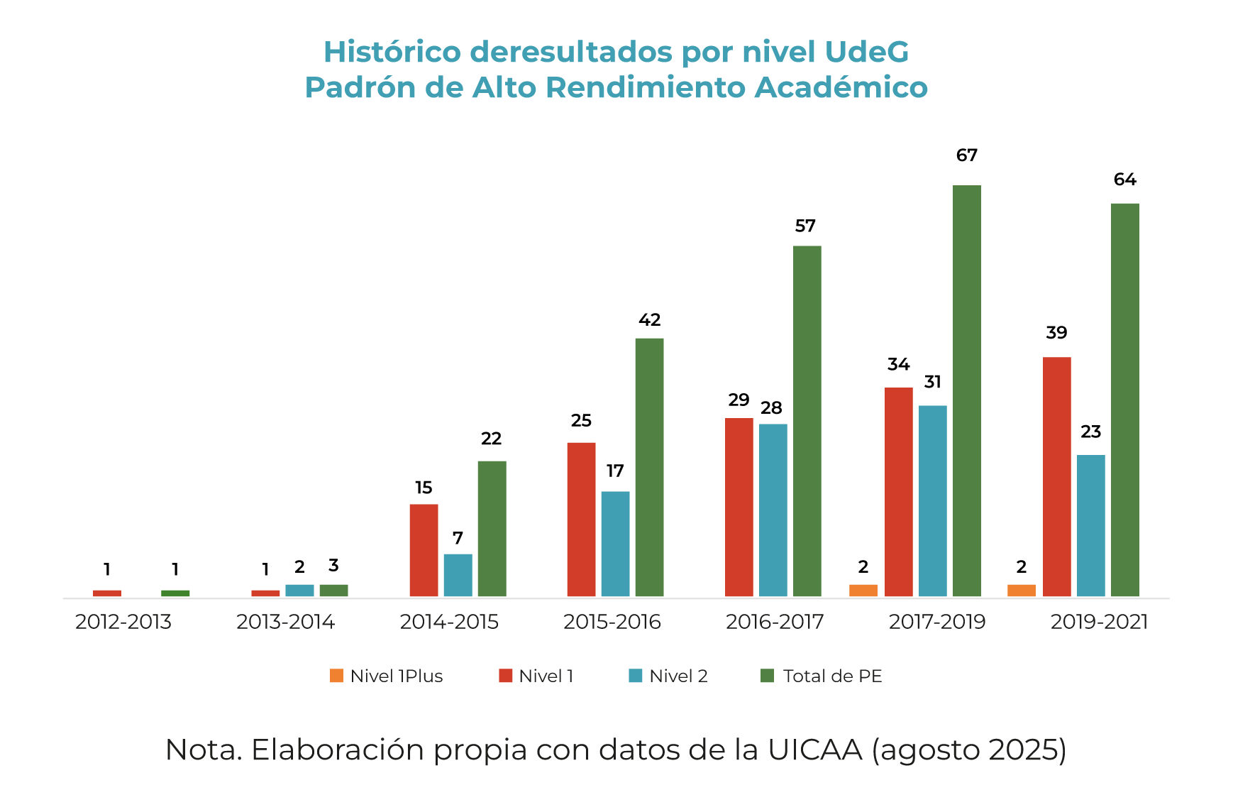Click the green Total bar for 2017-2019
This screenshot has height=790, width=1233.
click(966, 390)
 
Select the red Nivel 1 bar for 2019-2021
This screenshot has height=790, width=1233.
click(1056, 476)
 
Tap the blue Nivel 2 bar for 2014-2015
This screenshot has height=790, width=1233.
click(458, 575)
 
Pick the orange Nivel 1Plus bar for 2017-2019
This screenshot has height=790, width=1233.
click(863, 591)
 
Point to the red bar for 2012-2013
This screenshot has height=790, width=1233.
click(107, 593)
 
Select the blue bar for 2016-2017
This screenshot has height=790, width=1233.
click(773, 510)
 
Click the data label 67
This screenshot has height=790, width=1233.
click(966, 155)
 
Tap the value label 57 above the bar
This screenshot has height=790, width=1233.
click(805, 226)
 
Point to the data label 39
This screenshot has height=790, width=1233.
click(1056, 333)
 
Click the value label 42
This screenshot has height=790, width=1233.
click(649, 320)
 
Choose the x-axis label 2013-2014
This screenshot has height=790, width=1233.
click(285, 622)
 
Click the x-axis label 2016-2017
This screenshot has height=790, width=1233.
click(775, 622)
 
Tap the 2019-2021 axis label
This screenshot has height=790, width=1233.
click(1099, 622)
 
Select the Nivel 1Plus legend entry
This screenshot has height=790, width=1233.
click(387, 676)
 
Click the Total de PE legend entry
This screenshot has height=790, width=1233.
click(822, 676)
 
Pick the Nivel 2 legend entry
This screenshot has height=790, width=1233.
click(668, 676)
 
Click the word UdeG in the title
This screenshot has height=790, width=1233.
click(866, 52)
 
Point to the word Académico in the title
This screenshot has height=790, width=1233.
click(841, 87)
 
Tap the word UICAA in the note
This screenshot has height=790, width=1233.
click(814, 750)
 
